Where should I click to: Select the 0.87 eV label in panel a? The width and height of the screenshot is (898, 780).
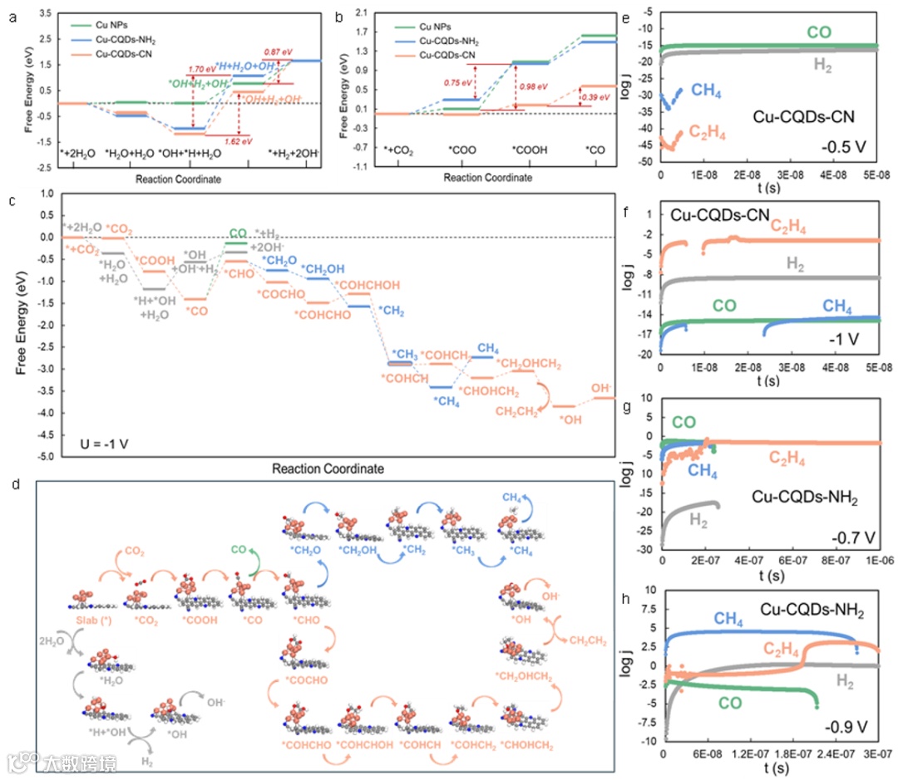pos(277,52)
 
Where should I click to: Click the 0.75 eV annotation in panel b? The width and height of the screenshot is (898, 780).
pos(456,83)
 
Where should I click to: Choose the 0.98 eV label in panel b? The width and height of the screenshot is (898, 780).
pos(532,86)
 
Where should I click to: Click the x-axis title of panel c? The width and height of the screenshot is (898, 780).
pos(328,469)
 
